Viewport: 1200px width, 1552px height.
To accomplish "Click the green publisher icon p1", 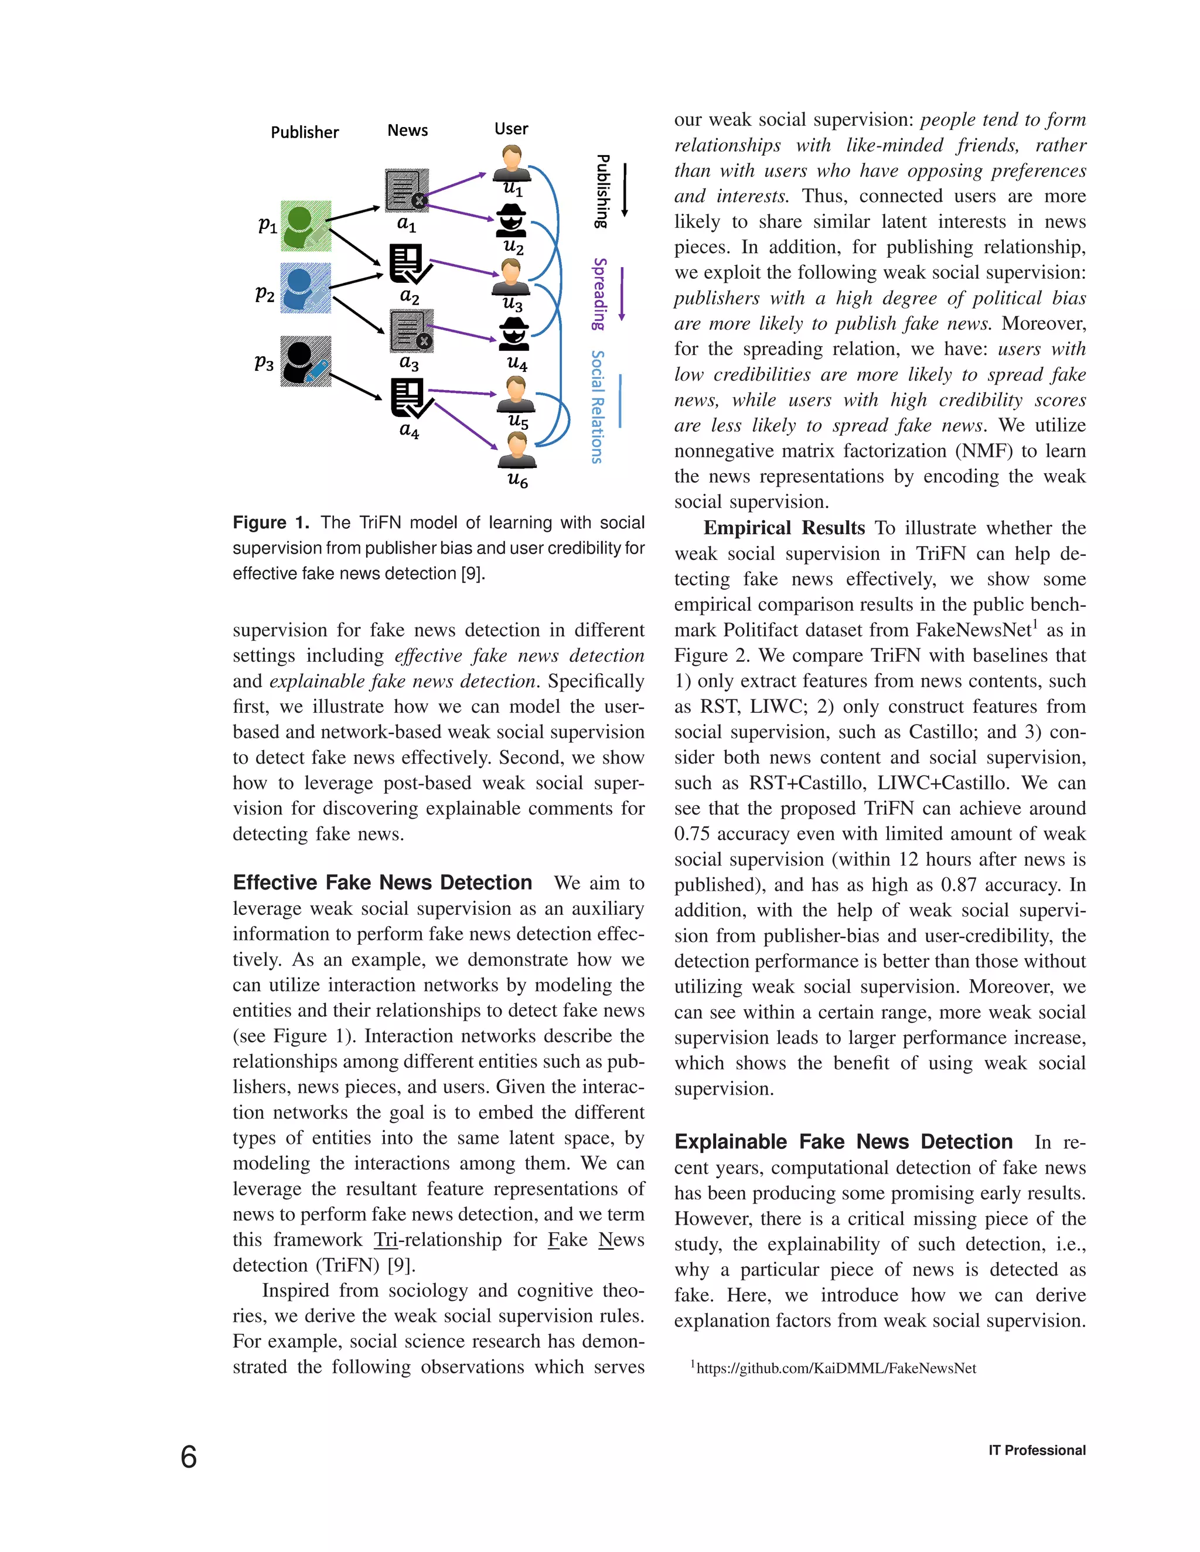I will pyautogui.click(x=306, y=226).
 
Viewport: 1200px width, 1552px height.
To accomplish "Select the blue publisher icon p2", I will pyautogui.click(x=306, y=288).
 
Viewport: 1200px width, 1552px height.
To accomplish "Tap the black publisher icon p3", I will pyautogui.click(x=306, y=361).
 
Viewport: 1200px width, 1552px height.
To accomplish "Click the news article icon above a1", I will pyautogui.click(x=407, y=190).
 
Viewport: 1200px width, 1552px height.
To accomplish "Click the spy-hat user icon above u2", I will pyautogui.click(x=510, y=220).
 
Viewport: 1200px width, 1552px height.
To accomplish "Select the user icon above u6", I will pyautogui.click(x=517, y=450).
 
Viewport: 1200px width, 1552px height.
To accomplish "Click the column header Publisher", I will pyautogui.click(x=305, y=132).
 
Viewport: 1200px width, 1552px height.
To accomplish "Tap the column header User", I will pyautogui.click(x=511, y=129).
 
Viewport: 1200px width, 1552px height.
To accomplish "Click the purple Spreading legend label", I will pyautogui.click(x=600, y=293).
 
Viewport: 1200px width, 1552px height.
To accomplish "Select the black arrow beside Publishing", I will pyautogui.click(x=625, y=190).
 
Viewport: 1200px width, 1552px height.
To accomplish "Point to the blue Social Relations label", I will pyautogui.click(x=598, y=406).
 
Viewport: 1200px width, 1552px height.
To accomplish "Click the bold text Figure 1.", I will pyautogui.click(x=271, y=523).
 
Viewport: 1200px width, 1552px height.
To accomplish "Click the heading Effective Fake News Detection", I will pyautogui.click(x=383, y=883).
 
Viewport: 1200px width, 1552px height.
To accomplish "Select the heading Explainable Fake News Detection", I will pyautogui.click(x=843, y=1141).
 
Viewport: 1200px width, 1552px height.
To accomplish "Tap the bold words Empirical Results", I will pyautogui.click(x=784, y=528).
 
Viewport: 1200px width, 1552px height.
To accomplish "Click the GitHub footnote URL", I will pyautogui.click(x=836, y=1368).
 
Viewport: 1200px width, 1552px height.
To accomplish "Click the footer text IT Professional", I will pyautogui.click(x=1037, y=1450).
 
